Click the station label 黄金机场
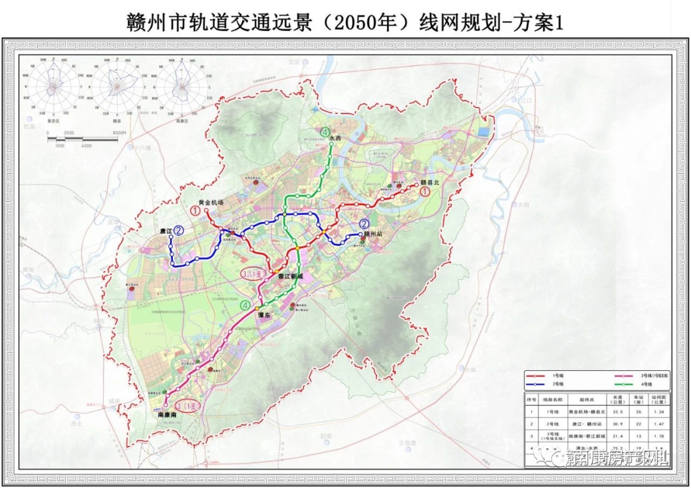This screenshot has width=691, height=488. [x=210, y=202]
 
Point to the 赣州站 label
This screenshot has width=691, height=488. [x=372, y=235]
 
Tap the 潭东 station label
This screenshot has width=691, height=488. [x=265, y=316]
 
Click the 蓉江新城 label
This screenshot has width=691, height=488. [x=290, y=276]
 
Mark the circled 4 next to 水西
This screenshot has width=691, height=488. [x=326, y=133]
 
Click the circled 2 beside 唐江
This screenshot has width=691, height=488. [x=179, y=231]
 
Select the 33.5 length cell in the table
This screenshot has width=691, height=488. [x=617, y=412]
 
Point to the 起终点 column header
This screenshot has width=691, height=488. [x=582, y=398]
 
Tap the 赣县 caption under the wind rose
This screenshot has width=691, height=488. [x=116, y=120]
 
